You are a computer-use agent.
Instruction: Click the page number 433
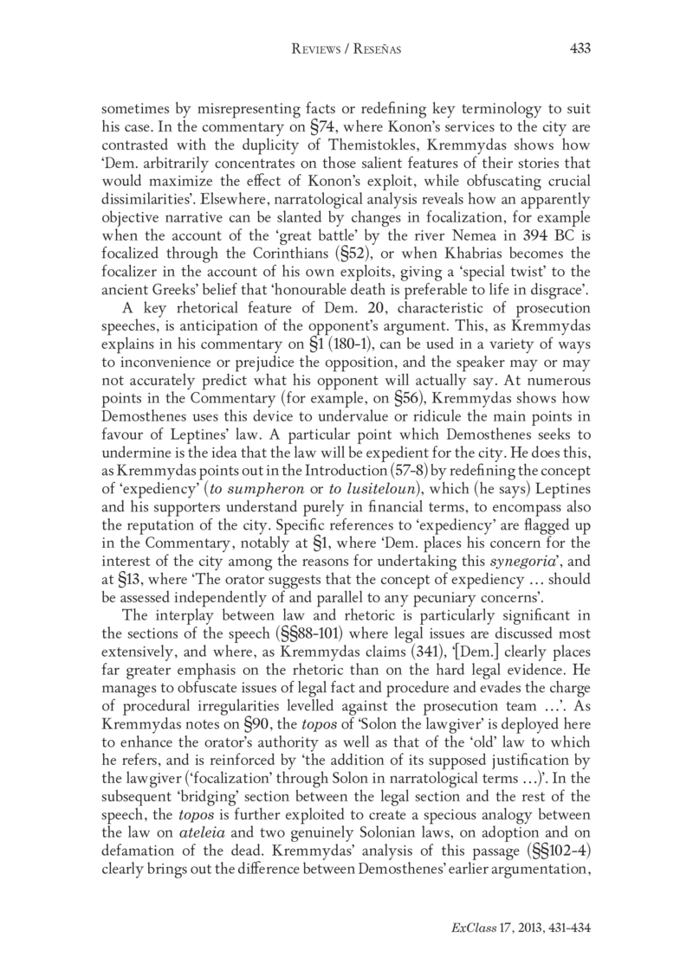coord(579,50)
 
